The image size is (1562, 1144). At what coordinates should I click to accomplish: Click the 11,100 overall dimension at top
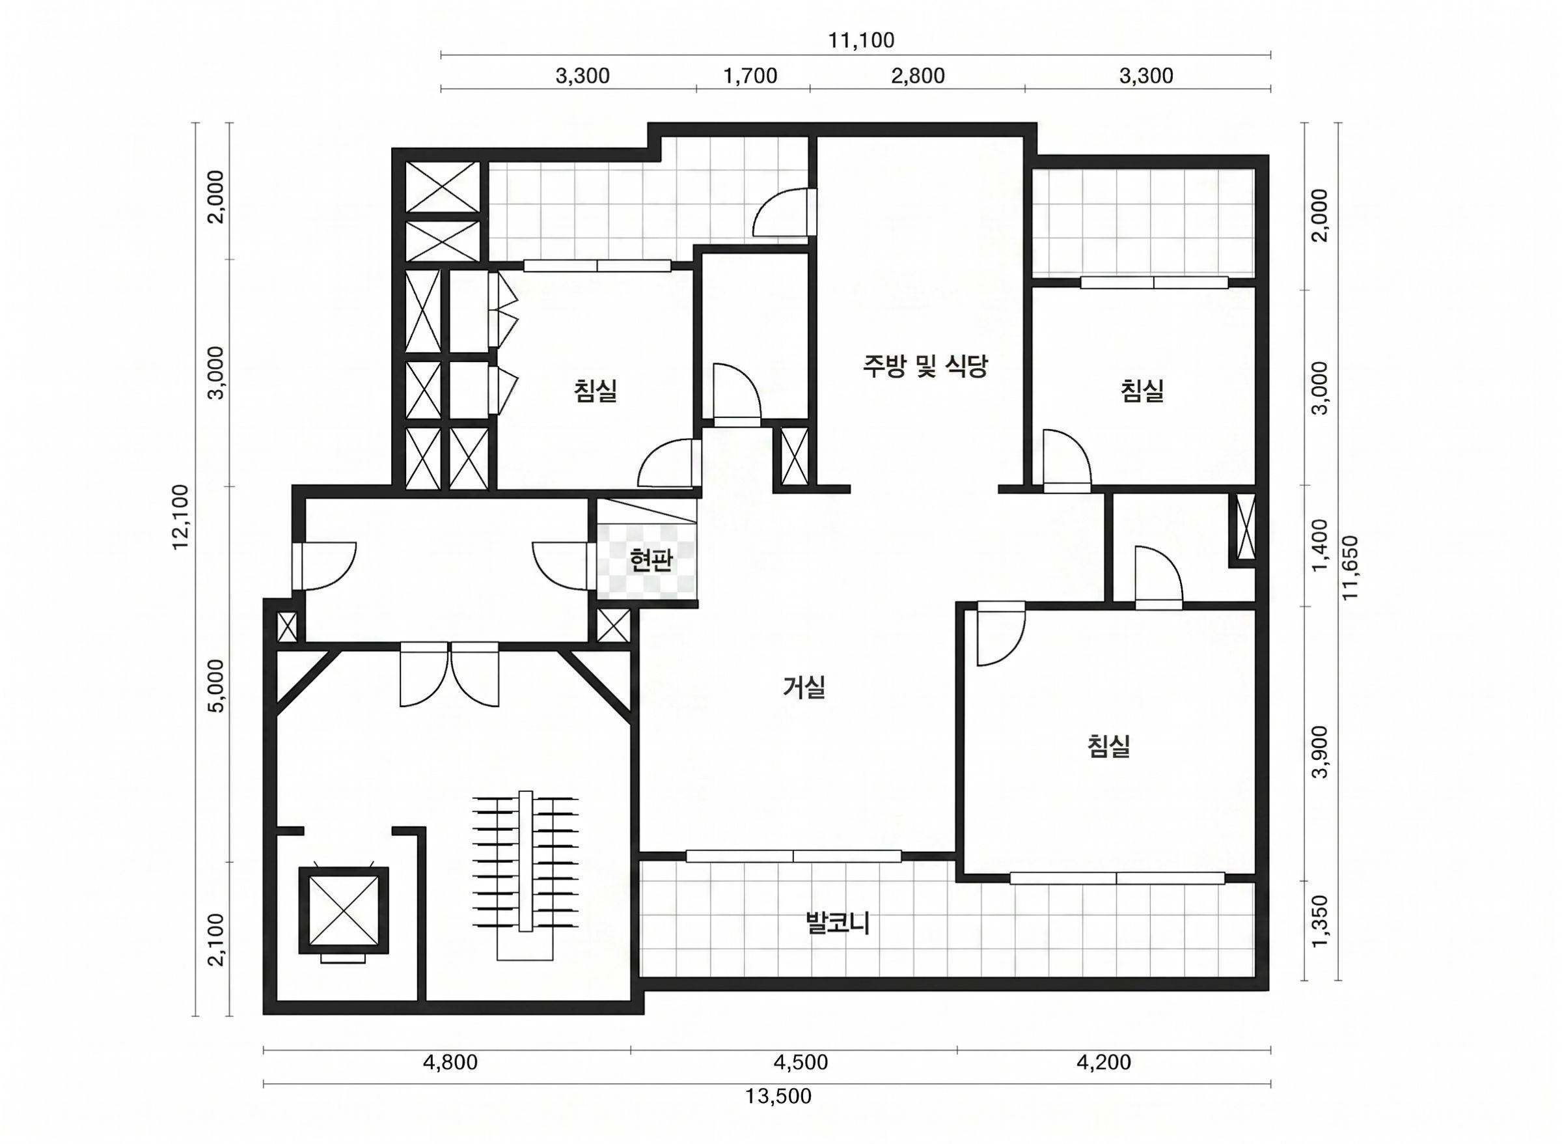pyautogui.click(x=861, y=40)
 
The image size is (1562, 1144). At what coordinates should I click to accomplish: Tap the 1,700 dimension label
pyautogui.click(x=750, y=76)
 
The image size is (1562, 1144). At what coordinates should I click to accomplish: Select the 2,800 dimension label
pyautogui.click(x=918, y=76)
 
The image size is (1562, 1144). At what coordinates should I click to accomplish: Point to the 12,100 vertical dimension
pyautogui.click(x=181, y=516)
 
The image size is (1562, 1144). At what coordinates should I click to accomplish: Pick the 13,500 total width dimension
pyautogui.click(x=778, y=1096)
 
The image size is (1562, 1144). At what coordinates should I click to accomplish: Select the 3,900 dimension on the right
pyautogui.click(x=1321, y=751)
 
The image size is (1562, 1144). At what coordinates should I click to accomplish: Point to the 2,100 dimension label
pyautogui.click(x=217, y=939)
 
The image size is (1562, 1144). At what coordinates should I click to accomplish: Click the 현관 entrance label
pyautogui.click(x=651, y=560)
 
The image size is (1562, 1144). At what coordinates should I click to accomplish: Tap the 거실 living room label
pyautogui.click(x=804, y=688)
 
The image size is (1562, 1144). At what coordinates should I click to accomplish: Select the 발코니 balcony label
pyautogui.click(x=838, y=923)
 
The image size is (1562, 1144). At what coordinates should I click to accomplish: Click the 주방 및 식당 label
pyautogui.click(x=925, y=366)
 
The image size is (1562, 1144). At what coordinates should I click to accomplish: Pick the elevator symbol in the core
pyautogui.click(x=344, y=912)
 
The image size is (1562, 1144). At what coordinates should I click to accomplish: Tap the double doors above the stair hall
pyautogui.click(x=449, y=675)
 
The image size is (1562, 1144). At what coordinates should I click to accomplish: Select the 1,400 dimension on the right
pyautogui.click(x=1321, y=546)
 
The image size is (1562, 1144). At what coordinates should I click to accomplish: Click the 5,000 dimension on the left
pyautogui.click(x=217, y=685)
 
